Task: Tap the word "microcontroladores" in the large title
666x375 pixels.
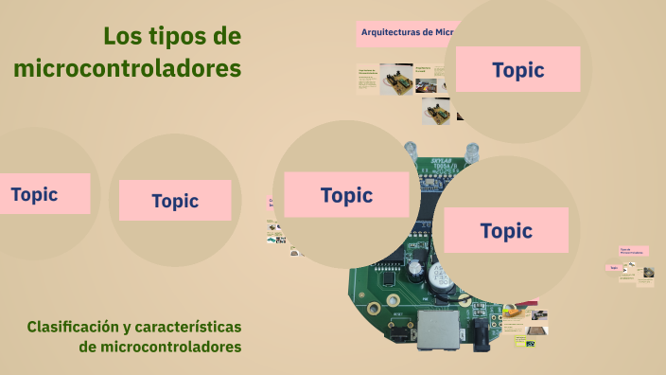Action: point(128,69)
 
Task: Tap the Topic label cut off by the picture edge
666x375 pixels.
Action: point(34,194)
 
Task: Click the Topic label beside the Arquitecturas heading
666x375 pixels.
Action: point(517,70)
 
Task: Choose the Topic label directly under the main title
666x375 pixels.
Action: point(175,201)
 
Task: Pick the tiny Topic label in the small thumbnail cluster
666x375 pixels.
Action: point(614,268)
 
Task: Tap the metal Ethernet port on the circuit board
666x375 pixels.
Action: point(437,330)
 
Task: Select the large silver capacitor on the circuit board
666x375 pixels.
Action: point(440,277)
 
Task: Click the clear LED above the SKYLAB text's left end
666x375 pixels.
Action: point(411,149)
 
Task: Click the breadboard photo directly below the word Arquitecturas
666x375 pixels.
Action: point(394,80)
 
